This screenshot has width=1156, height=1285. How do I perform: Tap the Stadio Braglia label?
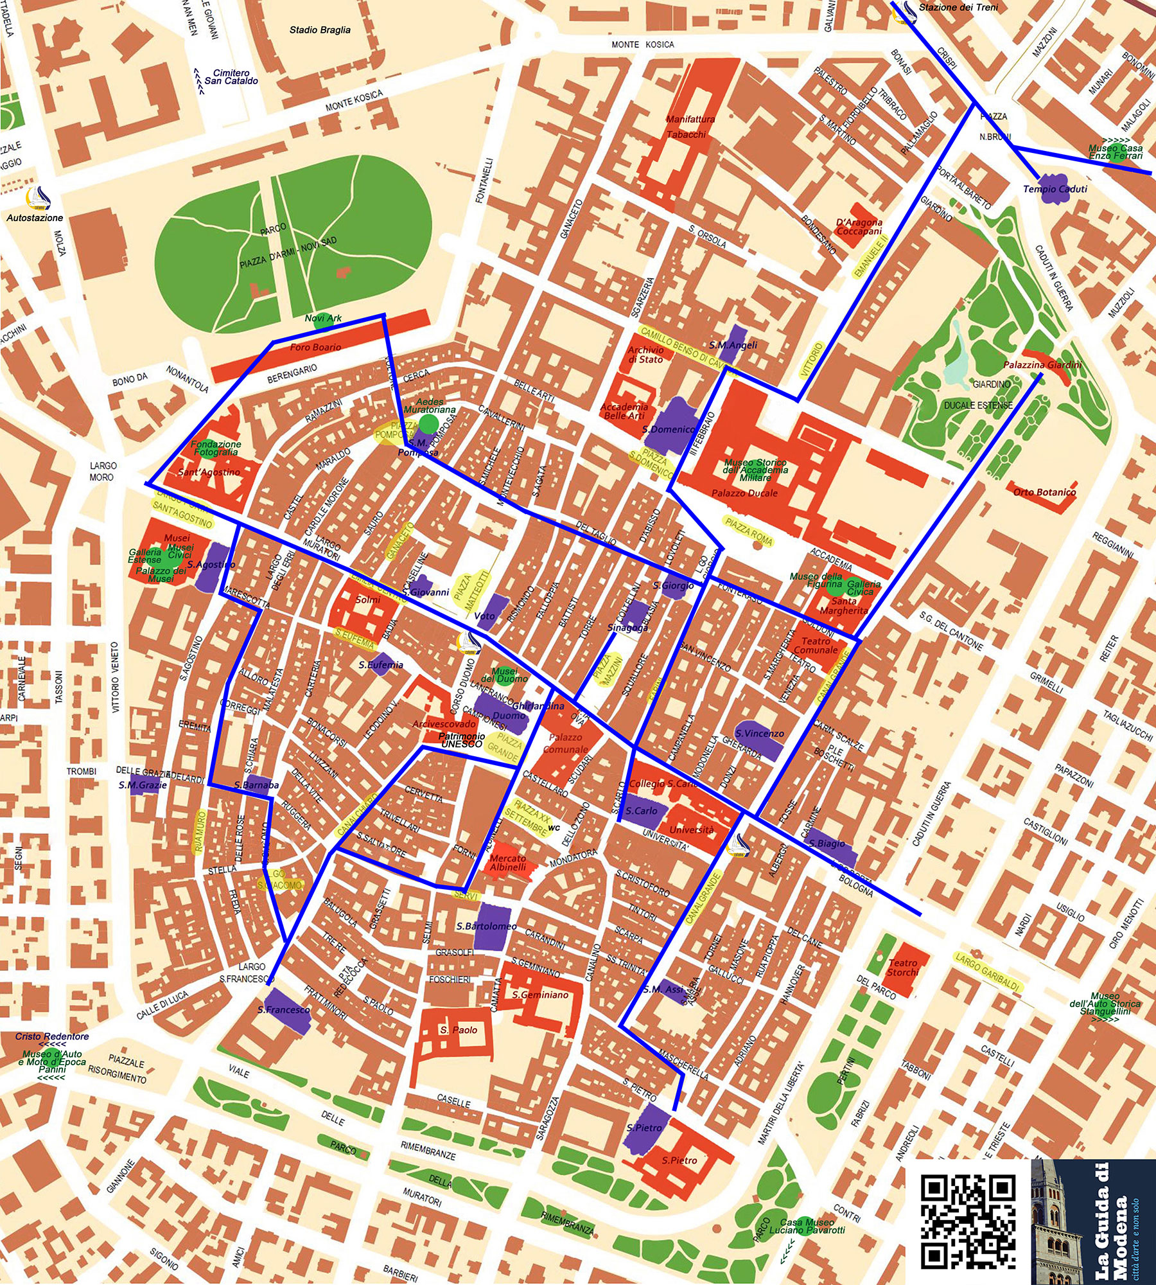pos(320,30)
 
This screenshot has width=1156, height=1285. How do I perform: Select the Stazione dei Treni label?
pos(958,8)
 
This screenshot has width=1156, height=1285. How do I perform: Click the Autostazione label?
pos(35,218)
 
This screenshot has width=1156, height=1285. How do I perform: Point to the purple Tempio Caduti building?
pos(1053,189)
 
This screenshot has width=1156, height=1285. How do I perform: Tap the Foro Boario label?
pos(315,348)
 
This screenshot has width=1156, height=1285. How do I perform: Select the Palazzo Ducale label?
pos(744,493)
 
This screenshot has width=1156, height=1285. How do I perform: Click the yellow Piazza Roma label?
pos(748,531)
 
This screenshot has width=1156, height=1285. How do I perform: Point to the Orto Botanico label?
pos(1044,492)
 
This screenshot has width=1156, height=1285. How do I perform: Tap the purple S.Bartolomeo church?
pos(493,926)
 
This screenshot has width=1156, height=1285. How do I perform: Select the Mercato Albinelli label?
pos(507,862)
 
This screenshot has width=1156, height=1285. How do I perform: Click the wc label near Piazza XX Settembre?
pos(554,828)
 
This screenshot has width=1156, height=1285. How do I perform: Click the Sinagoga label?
pos(627,628)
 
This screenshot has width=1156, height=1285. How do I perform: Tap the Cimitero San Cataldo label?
pos(231,77)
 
